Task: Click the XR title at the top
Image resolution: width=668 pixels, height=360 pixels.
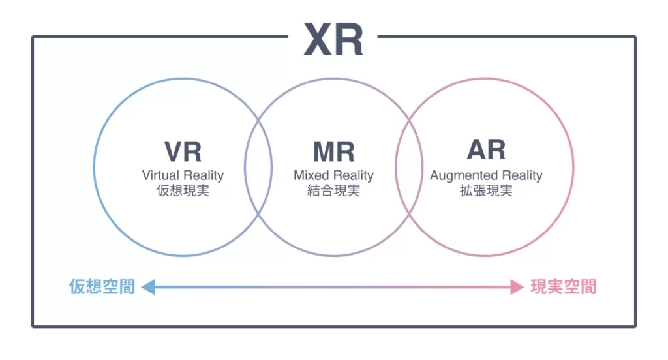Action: (x=333, y=40)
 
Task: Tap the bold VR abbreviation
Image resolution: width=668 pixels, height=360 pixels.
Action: (x=183, y=151)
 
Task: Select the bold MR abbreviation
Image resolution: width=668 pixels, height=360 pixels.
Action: (x=333, y=151)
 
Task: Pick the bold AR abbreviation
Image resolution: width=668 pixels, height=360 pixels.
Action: (x=486, y=150)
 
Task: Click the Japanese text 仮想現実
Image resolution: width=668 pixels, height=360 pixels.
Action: (x=183, y=191)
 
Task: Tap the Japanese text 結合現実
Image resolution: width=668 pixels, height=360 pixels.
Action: (x=333, y=191)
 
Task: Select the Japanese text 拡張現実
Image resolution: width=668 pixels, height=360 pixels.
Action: (x=486, y=191)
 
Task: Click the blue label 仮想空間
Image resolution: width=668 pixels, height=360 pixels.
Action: (x=102, y=286)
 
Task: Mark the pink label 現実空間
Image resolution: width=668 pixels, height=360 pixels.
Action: (x=563, y=286)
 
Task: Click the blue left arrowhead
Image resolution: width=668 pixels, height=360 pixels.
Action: (x=148, y=286)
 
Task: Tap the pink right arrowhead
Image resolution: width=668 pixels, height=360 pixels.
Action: (x=517, y=286)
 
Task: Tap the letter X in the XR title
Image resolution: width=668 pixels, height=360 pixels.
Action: (x=318, y=40)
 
